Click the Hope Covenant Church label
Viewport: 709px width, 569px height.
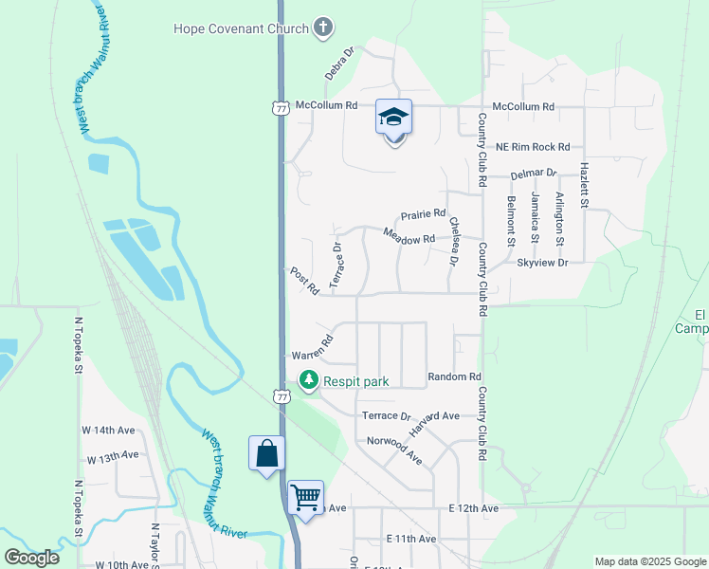pos(241,28)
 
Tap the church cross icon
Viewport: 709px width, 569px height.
pos(323,28)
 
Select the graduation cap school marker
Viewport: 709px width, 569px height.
pos(394,118)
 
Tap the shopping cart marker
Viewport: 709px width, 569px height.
pos(305,497)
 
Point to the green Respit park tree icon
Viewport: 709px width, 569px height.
pos(308,381)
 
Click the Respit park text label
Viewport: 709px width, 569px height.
pos(356,382)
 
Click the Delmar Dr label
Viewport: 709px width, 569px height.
pos(533,174)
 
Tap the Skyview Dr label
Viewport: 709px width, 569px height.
pos(541,262)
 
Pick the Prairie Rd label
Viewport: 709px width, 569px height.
pos(423,215)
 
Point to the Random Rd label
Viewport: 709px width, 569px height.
pos(455,377)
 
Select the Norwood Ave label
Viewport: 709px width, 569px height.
pos(394,450)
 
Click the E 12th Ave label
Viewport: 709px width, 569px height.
pos(474,509)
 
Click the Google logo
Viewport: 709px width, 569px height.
pos(32,558)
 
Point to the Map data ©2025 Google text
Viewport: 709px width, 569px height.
pos(649,561)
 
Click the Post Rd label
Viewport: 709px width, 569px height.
pos(304,281)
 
